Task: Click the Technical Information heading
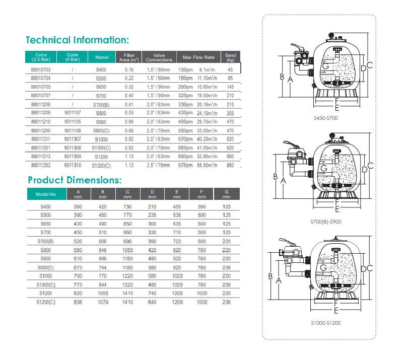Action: click(78, 40)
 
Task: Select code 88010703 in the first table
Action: click(41, 69)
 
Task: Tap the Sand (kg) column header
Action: click(231, 57)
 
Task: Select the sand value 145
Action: click(231, 86)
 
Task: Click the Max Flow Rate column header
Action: click(198, 57)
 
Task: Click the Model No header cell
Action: click(49, 194)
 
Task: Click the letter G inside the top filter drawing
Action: click(325, 66)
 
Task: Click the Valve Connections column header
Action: click(159, 57)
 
